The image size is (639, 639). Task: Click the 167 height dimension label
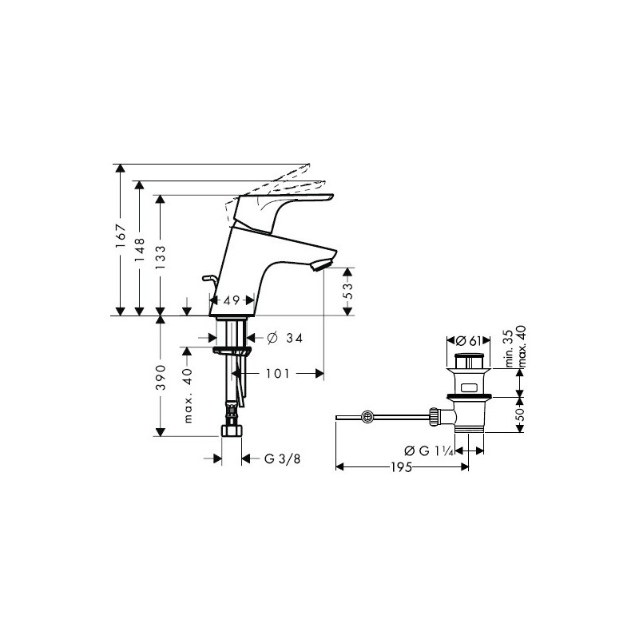pos(121,236)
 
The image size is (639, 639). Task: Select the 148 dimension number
pos(139,250)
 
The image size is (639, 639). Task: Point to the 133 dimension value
pos(161,257)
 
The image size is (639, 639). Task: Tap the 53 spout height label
pos(347,291)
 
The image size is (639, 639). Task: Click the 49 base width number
pos(232,301)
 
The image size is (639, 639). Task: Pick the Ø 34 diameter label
pos(285,338)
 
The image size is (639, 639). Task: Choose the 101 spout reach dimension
pos(277,373)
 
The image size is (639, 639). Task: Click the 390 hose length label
pos(161,377)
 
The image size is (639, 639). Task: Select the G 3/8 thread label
pos(283,458)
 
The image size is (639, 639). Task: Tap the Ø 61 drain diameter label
pos(469,340)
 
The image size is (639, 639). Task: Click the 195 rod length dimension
pos(402,467)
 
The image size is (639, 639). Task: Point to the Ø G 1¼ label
pos(429,450)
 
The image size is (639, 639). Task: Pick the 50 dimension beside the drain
pos(520,415)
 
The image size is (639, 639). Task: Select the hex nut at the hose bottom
pos(232,431)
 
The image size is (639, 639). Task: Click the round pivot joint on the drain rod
pos(367,417)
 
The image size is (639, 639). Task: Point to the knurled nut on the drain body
pos(434,417)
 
